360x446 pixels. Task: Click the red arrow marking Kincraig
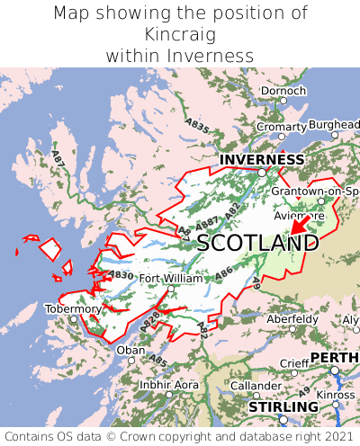[x=299, y=224]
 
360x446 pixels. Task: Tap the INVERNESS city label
[x=262, y=160]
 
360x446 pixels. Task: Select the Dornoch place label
[x=283, y=91]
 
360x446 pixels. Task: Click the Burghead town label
[x=333, y=124]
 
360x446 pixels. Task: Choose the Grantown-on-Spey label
[x=315, y=192]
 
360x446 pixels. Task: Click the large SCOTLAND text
[x=257, y=243]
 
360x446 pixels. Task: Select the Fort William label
[x=171, y=279]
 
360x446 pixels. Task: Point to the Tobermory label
[x=73, y=308]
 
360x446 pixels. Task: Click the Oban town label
[x=130, y=350]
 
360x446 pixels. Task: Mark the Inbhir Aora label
[x=168, y=384]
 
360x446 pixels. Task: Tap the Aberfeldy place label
[x=292, y=319]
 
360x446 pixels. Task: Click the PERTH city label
[x=334, y=357]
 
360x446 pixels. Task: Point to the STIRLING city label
[x=283, y=407]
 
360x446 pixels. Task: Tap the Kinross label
[x=336, y=394]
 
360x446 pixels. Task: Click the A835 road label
[x=195, y=125]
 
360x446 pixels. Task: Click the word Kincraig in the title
[x=180, y=34]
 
